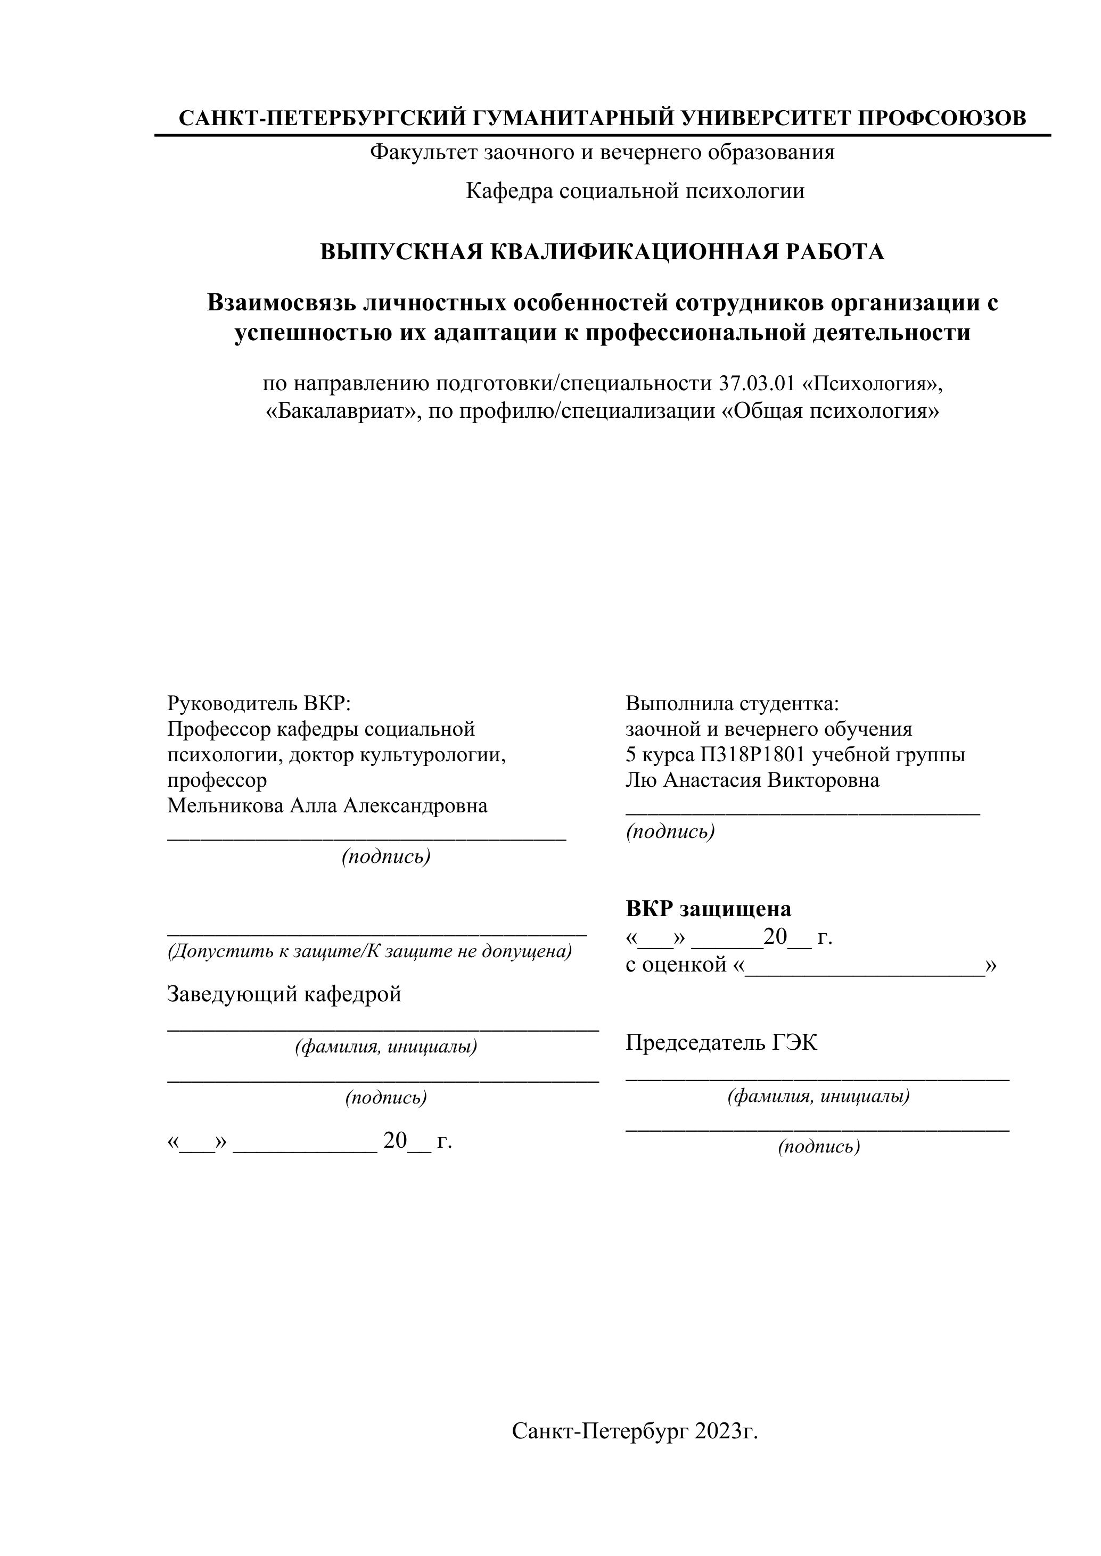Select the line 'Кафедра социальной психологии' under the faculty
click(x=635, y=191)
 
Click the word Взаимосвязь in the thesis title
click(x=281, y=302)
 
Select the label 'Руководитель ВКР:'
click(x=259, y=703)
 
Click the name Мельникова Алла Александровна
click(x=327, y=806)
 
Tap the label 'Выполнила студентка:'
click(x=732, y=703)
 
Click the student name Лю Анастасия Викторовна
click(x=752, y=780)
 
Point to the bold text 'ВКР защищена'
click(x=709, y=908)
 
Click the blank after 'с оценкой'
click(x=865, y=965)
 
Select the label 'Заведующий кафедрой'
click(x=284, y=994)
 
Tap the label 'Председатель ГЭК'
click(x=721, y=1042)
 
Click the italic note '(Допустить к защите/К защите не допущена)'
click(x=370, y=951)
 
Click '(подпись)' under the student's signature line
click(x=670, y=831)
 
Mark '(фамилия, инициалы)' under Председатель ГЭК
click(x=819, y=1096)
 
